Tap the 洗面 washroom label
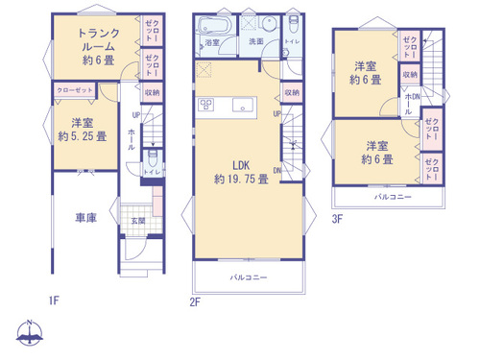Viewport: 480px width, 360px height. point(255,42)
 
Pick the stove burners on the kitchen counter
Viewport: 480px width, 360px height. point(206,104)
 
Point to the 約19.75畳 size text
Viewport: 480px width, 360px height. point(241,180)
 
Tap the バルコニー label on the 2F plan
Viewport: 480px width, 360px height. point(248,277)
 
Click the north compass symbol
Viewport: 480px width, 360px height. point(31,334)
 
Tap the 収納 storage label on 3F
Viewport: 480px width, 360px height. point(410,74)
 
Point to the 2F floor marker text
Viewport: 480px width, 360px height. point(195,302)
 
